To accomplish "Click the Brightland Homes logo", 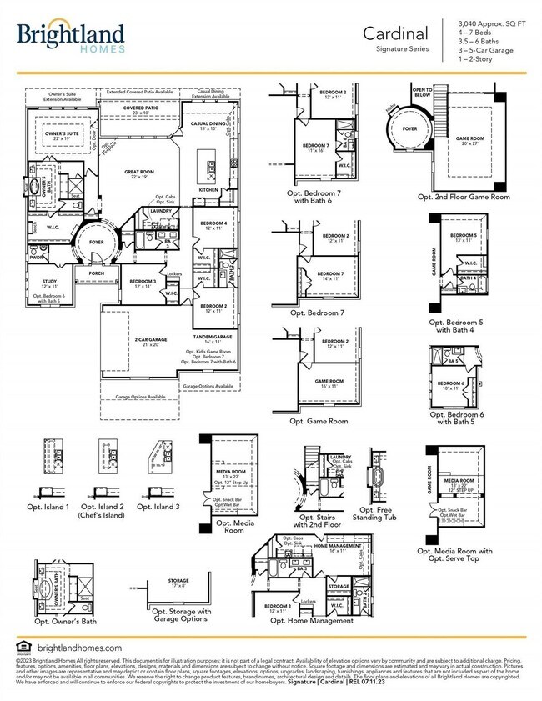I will coord(71,37).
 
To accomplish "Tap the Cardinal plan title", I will coord(395,33).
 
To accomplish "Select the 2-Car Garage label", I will coord(129,340).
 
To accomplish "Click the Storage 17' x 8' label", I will coord(178,583).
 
